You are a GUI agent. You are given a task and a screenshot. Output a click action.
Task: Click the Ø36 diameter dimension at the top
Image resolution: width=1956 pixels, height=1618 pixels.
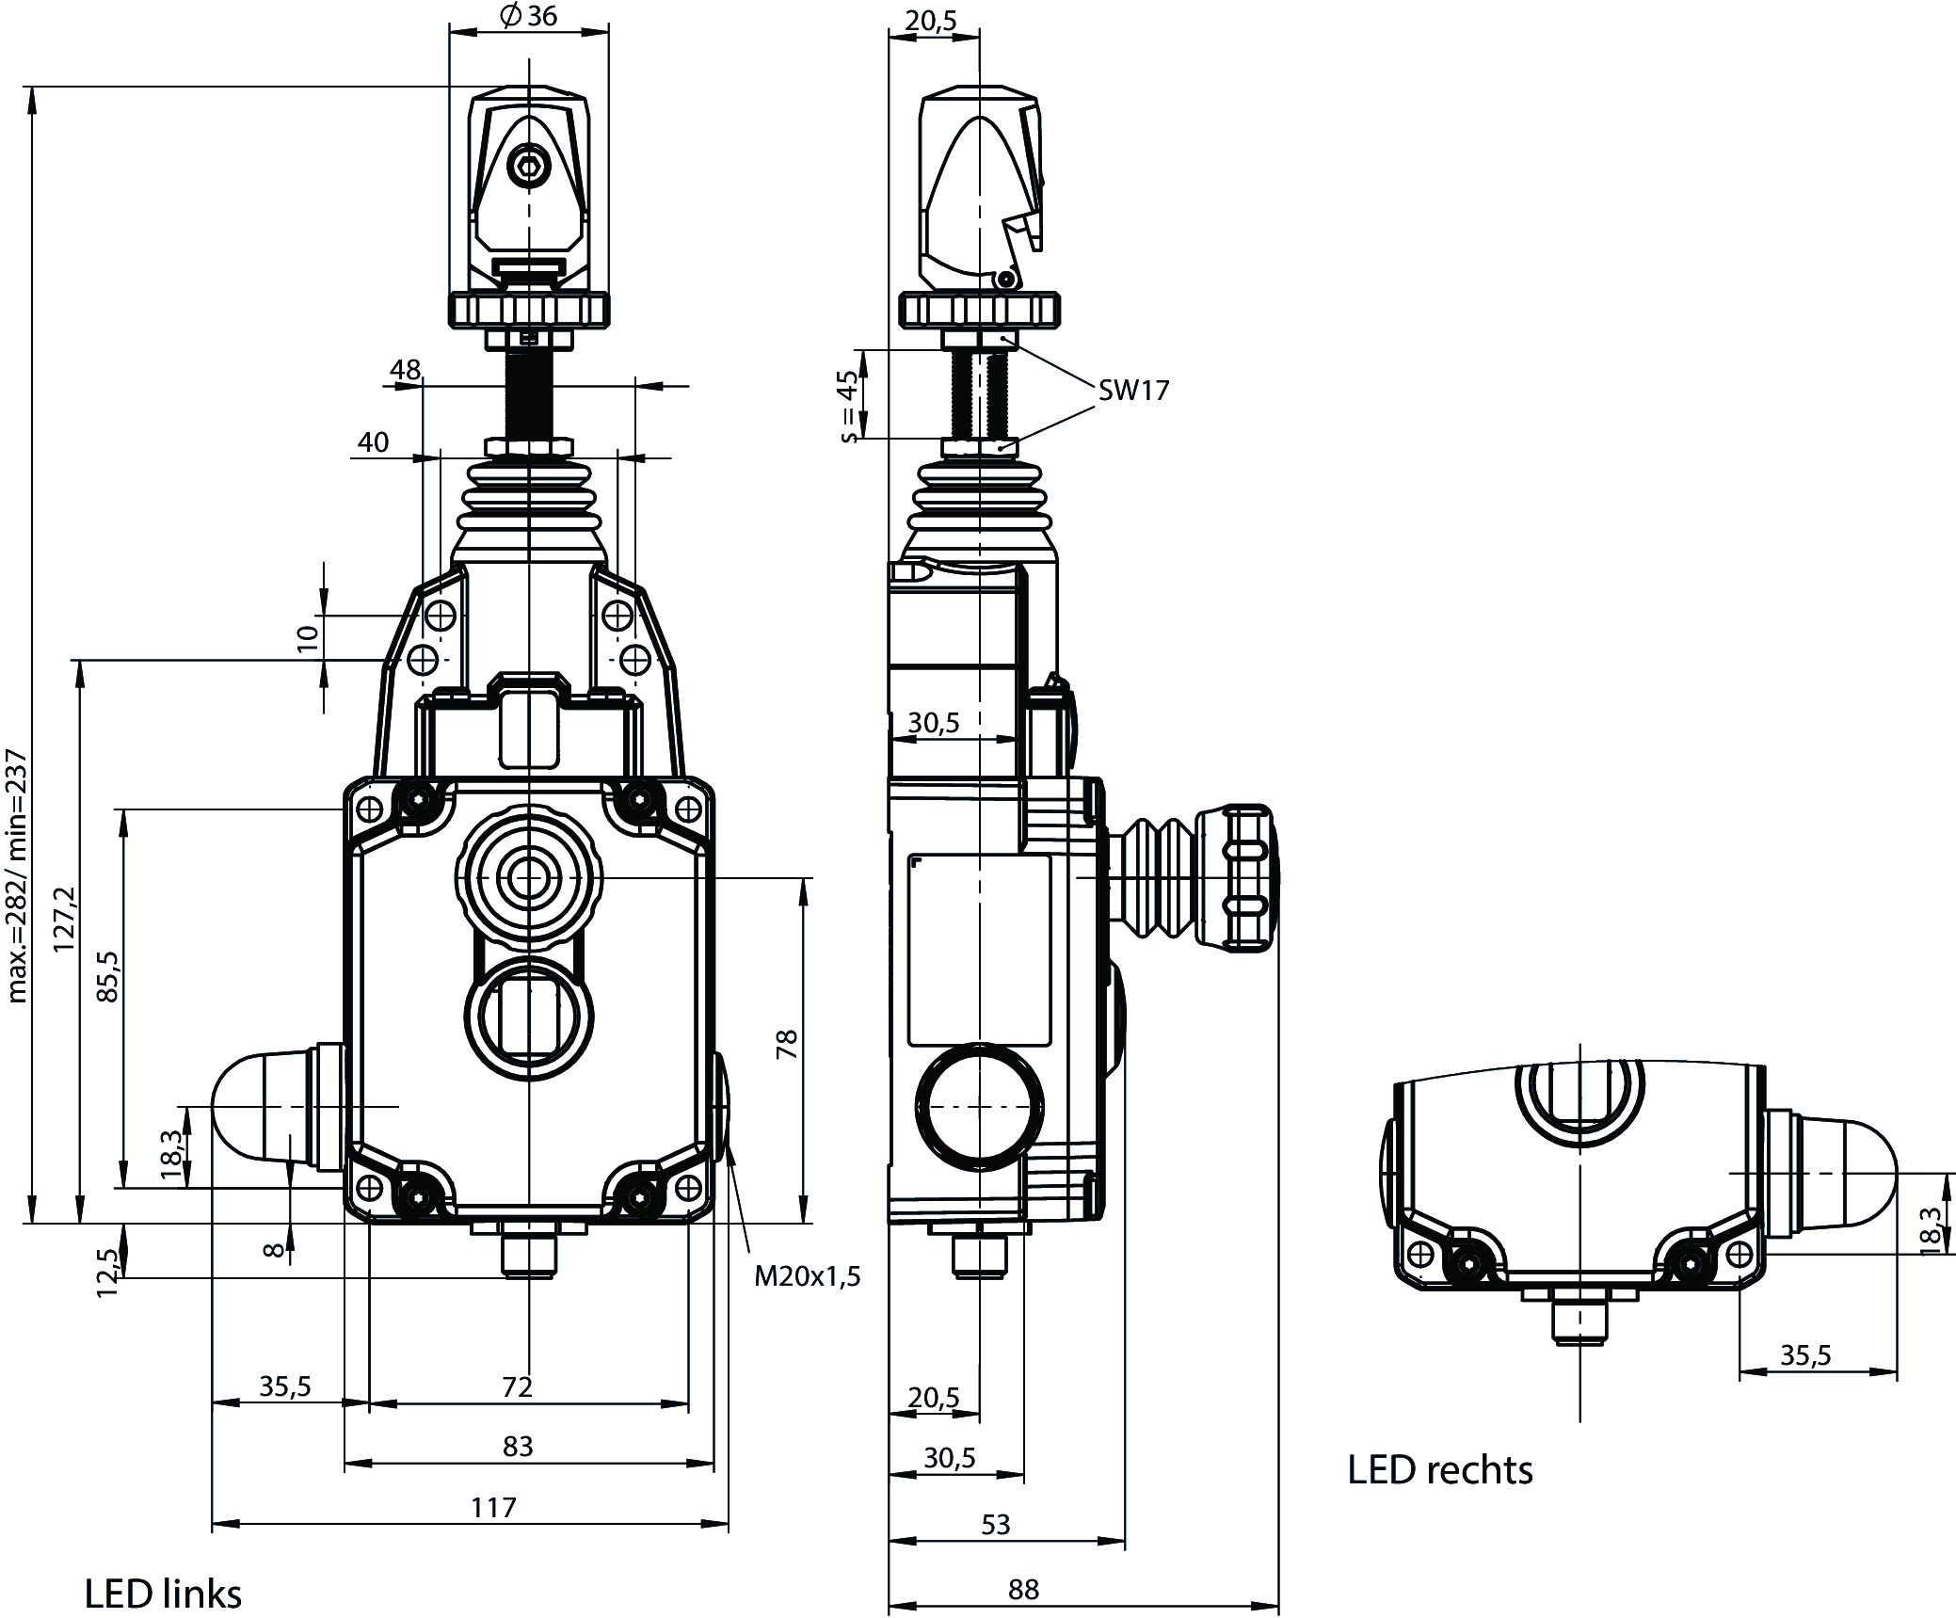pyautogui.click(x=529, y=16)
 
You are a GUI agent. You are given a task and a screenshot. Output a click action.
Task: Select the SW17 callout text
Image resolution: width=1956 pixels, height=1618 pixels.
pyautogui.click(x=1132, y=391)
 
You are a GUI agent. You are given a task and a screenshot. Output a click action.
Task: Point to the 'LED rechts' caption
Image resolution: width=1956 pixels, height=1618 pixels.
pyautogui.click(x=1439, y=1469)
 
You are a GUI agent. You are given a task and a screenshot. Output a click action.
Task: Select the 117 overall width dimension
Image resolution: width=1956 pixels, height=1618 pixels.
pyautogui.click(x=493, y=1507)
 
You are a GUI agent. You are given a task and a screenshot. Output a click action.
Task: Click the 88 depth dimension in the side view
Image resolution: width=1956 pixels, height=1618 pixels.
pyautogui.click(x=1023, y=1589)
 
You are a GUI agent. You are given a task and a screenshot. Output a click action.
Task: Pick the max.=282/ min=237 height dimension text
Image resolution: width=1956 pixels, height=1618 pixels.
pyautogui.click(x=19, y=875)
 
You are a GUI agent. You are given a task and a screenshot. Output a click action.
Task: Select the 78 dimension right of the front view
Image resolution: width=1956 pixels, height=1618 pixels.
pyautogui.click(x=787, y=1045)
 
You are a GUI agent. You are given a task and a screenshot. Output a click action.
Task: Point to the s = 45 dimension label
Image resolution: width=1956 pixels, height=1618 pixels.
pyautogui.click(x=848, y=407)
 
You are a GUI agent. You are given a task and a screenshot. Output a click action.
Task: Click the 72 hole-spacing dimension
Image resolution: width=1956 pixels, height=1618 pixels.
pyautogui.click(x=518, y=1386)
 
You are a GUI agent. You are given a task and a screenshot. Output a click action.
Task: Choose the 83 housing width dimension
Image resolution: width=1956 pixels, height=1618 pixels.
pyautogui.click(x=518, y=1445)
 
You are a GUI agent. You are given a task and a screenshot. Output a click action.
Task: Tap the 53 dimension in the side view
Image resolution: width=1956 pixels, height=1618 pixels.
pyautogui.click(x=995, y=1524)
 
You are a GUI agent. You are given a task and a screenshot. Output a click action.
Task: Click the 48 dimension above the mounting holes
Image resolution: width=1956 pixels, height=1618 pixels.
pyautogui.click(x=405, y=370)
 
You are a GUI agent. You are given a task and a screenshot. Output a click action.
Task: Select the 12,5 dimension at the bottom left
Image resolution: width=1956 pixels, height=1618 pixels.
pyautogui.click(x=109, y=1274)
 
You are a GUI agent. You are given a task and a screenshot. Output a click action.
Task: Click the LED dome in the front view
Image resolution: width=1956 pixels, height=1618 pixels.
pyautogui.click(x=254, y=1107)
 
